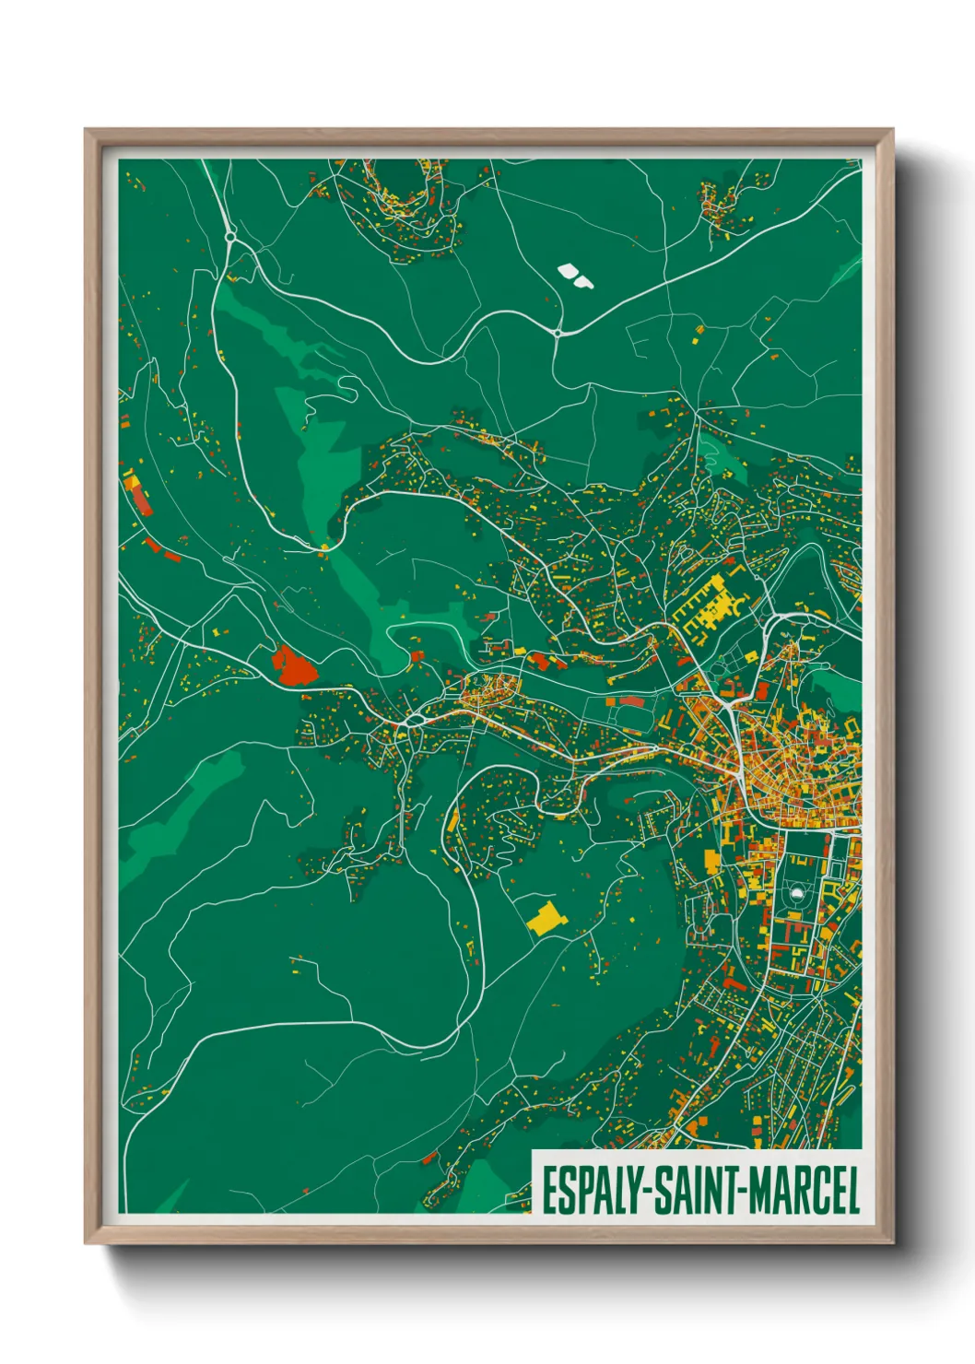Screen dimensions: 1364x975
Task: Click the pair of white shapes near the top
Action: coord(575,275)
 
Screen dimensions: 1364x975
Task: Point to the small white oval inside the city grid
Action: coord(797,893)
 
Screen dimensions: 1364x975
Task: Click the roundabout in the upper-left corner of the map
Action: coord(230,237)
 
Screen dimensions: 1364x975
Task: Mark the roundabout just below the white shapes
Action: coord(558,332)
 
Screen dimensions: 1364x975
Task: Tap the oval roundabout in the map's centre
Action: coord(416,720)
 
